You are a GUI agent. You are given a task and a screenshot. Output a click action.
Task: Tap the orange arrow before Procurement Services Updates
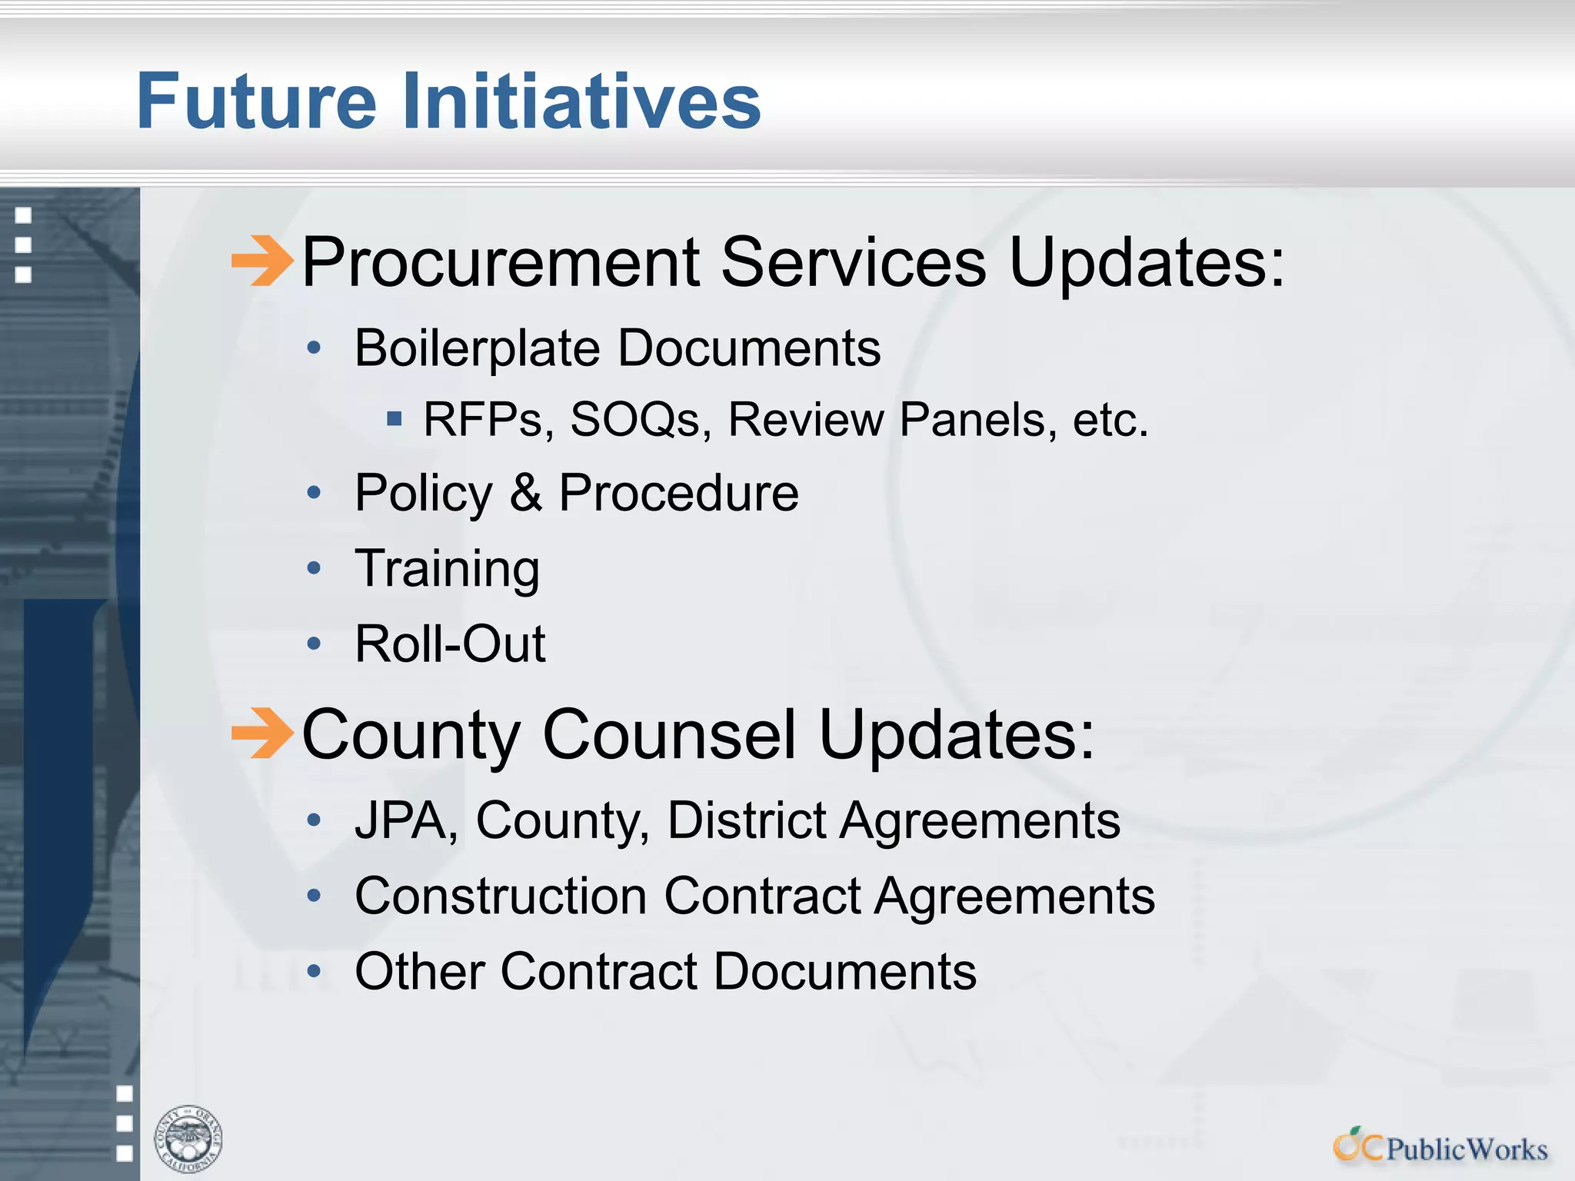pyautogui.click(x=262, y=261)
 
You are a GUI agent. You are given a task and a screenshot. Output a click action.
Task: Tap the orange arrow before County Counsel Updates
pyautogui.click(x=262, y=733)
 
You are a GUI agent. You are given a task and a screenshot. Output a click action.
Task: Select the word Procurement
pyautogui.click(x=501, y=262)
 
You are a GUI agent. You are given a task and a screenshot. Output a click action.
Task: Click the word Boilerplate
pyautogui.click(x=477, y=349)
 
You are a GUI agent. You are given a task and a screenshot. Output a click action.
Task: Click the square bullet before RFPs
pyautogui.click(x=395, y=419)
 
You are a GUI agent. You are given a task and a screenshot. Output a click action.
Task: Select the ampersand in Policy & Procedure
pyautogui.click(x=525, y=493)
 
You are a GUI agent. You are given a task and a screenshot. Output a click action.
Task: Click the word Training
pyautogui.click(x=447, y=569)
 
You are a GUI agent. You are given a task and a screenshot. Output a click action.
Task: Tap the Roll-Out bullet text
pyautogui.click(x=450, y=644)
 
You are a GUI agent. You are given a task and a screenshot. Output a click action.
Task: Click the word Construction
pyautogui.click(x=501, y=897)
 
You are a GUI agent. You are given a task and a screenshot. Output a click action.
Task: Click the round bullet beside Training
pyautogui.click(x=313, y=569)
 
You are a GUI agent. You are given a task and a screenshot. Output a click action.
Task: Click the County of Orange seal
pyautogui.click(x=188, y=1139)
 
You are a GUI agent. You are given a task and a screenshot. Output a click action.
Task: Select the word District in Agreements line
pyautogui.click(x=746, y=820)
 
